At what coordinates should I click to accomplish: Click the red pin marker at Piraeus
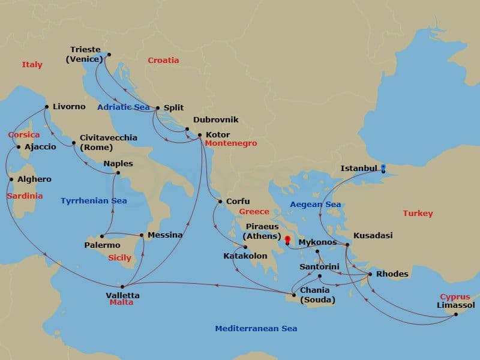coord(287,241)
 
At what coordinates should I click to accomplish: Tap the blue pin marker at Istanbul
coord(383,167)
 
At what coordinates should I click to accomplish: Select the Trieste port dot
coord(109,55)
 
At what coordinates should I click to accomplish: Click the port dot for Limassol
coord(456,314)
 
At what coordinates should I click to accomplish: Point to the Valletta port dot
coord(122,287)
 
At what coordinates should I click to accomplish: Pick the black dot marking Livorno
coord(46,107)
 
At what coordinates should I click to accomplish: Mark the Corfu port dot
coord(220,202)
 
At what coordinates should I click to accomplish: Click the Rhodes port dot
coord(370,275)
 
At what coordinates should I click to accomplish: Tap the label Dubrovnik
coord(216,120)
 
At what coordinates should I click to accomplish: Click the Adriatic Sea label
coord(124,107)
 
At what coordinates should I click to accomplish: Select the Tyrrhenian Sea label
coord(94,201)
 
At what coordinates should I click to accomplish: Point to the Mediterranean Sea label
coord(256,329)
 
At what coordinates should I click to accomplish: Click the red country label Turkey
coord(418,214)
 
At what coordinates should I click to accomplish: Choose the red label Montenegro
coord(230,144)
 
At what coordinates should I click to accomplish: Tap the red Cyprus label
coord(455,297)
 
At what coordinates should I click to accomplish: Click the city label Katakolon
coord(245,256)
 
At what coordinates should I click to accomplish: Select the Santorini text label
coord(320,266)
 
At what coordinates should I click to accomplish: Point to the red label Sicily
coord(119,258)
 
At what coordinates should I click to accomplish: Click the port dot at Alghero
coord(11,179)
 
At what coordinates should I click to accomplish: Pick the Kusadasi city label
coord(373,236)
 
